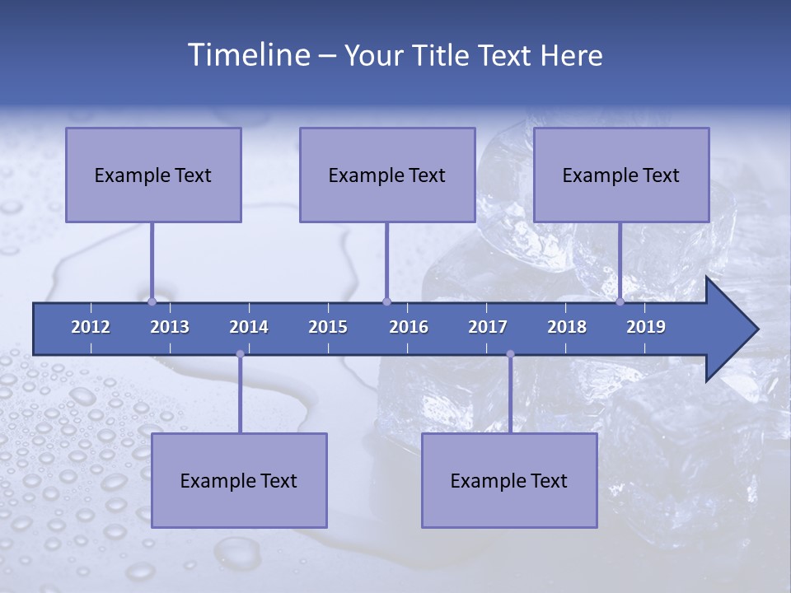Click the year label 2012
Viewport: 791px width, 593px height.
click(91, 327)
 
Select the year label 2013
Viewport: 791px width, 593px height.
click(170, 327)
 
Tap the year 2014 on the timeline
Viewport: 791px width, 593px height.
click(249, 327)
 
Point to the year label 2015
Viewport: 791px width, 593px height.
click(328, 327)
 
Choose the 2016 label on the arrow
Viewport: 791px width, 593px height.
click(409, 327)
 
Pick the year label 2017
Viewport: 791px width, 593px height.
click(488, 327)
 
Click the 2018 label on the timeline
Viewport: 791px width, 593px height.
click(567, 327)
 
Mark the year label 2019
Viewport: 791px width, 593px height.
click(646, 327)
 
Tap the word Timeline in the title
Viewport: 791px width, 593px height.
click(247, 55)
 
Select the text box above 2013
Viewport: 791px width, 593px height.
click(153, 175)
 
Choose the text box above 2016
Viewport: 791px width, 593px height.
click(387, 175)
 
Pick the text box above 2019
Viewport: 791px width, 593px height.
click(621, 175)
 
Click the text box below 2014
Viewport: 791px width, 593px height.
click(239, 480)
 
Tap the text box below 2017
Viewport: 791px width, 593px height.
click(509, 480)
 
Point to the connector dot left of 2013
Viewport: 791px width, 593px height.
click(152, 302)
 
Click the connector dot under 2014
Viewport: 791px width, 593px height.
click(240, 354)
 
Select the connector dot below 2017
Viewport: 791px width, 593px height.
click(510, 354)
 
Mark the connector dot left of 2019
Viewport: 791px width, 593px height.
click(620, 302)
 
